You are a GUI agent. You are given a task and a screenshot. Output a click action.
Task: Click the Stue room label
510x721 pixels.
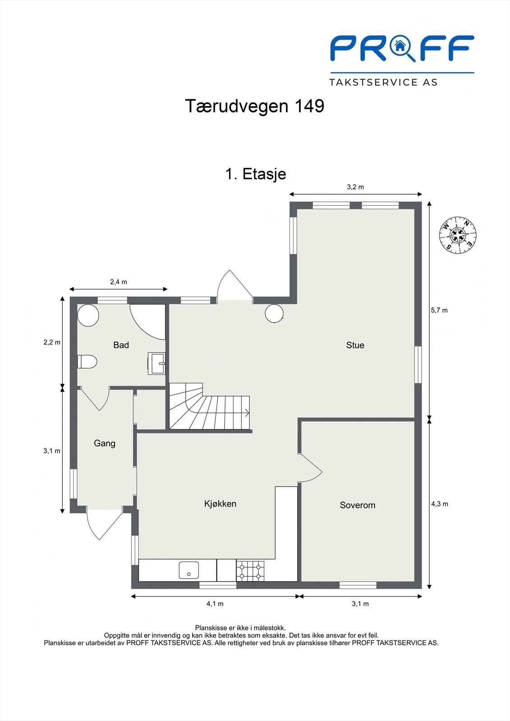pyautogui.click(x=355, y=345)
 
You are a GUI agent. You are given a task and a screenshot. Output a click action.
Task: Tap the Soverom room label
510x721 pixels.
pyautogui.click(x=357, y=505)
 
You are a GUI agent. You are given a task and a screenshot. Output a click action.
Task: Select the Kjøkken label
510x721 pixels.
pyautogui.click(x=220, y=504)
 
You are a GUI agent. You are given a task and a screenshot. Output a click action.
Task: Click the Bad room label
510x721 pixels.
pyautogui.click(x=121, y=345)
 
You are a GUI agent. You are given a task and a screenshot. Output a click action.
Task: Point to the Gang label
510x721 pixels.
pyautogui.click(x=105, y=443)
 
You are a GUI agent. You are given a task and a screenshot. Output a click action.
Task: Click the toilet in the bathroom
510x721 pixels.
pyautogui.click(x=87, y=361)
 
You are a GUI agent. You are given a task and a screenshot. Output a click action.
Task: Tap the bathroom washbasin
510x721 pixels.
pyautogui.click(x=158, y=363)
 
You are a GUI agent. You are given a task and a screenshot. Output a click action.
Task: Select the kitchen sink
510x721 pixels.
pyautogui.click(x=188, y=570)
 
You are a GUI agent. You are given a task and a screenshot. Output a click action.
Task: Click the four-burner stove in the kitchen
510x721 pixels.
pyautogui.click(x=250, y=570)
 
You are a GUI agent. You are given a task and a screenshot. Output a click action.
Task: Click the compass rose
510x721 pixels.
pyautogui.click(x=458, y=234)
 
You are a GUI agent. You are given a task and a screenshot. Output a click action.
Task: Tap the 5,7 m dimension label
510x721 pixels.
pyautogui.click(x=439, y=310)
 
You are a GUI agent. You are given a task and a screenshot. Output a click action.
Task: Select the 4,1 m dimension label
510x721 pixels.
pyautogui.click(x=215, y=604)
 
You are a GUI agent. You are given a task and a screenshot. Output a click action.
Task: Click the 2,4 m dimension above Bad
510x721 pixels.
pyautogui.click(x=119, y=282)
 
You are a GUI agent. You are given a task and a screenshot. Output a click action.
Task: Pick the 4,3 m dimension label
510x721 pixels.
pyautogui.click(x=439, y=504)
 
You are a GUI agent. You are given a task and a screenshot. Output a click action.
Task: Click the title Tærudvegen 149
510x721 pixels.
pyautogui.click(x=255, y=106)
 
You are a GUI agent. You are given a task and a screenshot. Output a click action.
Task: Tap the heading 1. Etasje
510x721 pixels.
pyautogui.click(x=255, y=174)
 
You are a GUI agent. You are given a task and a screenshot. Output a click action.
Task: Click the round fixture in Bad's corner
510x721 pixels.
pyautogui.click(x=88, y=315)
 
